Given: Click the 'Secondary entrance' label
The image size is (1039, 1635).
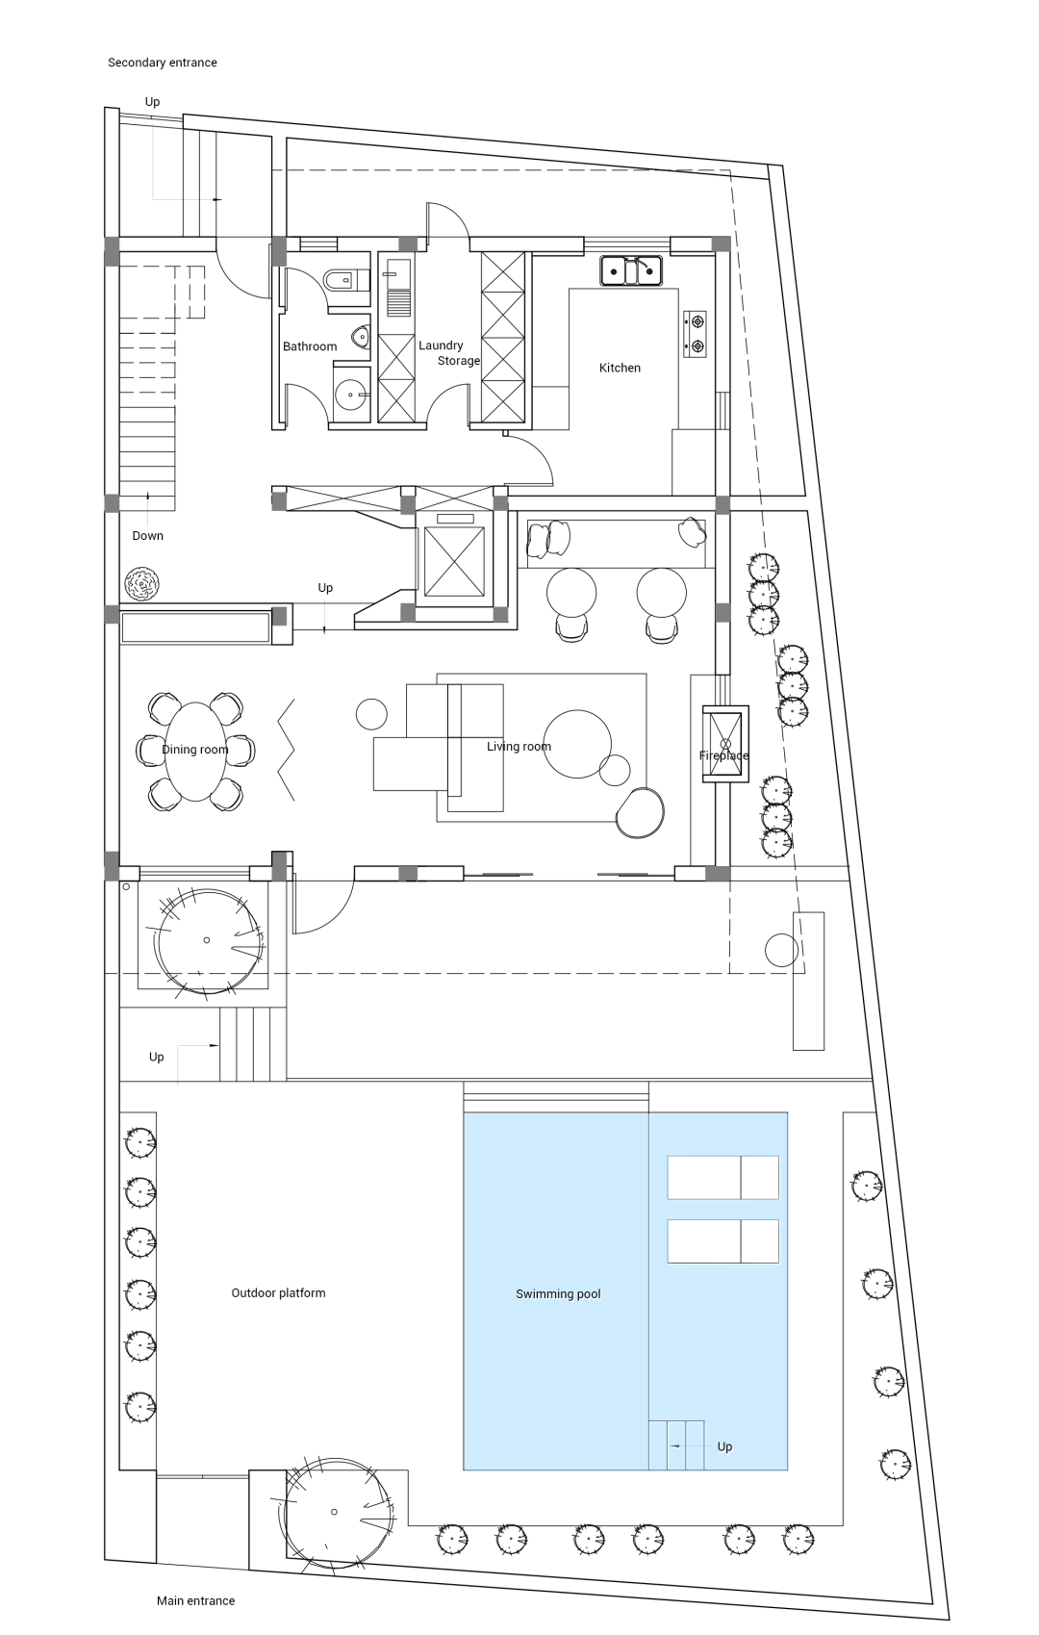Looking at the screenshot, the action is [x=162, y=63].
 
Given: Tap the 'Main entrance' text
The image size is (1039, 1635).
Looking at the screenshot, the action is [x=195, y=1600].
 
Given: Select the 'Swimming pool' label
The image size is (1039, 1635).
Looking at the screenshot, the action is [x=558, y=1294].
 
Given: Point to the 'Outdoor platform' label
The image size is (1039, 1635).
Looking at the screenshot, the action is [x=278, y=1292].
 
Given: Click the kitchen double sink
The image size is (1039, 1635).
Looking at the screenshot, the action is [x=631, y=270].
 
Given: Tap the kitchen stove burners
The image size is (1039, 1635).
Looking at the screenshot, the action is [x=695, y=334].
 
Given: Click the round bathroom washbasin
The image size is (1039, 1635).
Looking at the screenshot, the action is [x=352, y=395].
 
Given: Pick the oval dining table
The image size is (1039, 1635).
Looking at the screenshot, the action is [x=195, y=752].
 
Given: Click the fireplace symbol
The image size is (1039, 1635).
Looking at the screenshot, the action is [x=725, y=744].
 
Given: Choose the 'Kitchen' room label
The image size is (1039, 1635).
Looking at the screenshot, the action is [x=620, y=368].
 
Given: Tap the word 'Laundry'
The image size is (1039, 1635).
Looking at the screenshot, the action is [x=441, y=345].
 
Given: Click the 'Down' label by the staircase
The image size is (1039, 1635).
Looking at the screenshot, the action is [x=147, y=536].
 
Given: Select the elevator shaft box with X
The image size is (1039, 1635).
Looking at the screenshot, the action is [x=454, y=561].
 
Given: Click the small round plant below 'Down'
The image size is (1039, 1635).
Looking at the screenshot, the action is [x=141, y=584].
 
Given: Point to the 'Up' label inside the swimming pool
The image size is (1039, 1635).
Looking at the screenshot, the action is [x=724, y=1446].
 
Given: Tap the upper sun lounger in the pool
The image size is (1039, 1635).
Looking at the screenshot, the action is [x=723, y=1177].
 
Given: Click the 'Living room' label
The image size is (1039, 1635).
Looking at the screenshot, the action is [x=519, y=747].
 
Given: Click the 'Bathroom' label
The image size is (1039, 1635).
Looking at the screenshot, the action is [x=310, y=346].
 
